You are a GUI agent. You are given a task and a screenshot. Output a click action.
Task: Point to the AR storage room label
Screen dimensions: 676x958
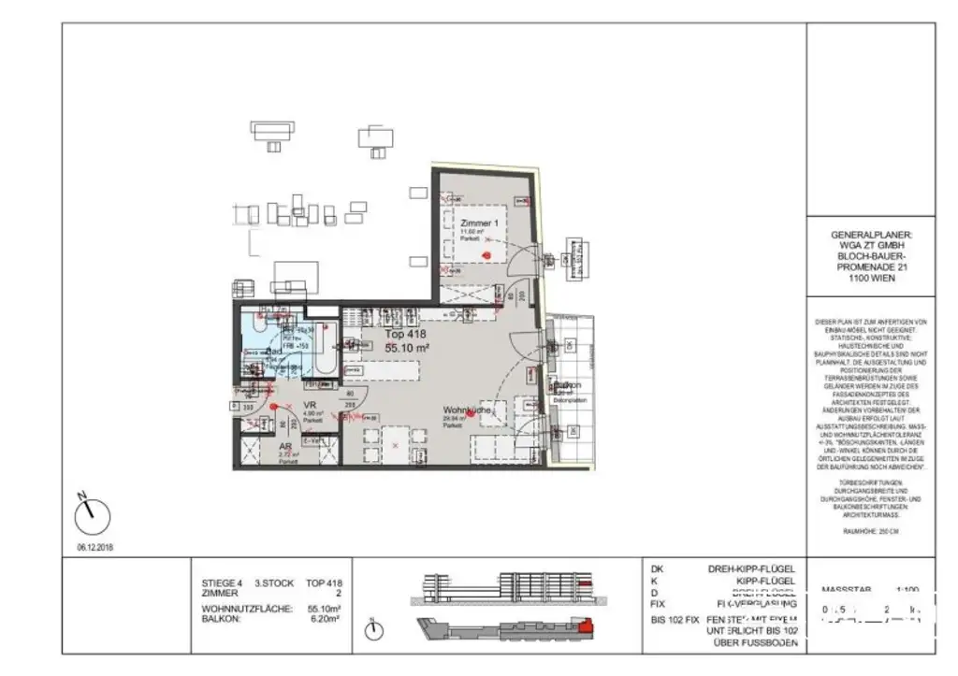tap(285, 447)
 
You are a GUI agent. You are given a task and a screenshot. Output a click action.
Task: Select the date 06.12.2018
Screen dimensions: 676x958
tap(94, 546)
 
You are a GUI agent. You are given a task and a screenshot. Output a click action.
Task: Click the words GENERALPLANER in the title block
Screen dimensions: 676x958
tap(870, 236)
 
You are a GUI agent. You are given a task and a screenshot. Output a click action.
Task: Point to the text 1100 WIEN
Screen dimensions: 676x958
tap(870, 278)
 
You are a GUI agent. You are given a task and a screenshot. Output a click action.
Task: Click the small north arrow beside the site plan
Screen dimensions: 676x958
tap(374, 631)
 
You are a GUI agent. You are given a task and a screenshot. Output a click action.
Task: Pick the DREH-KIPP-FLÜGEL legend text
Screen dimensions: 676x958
tap(753, 568)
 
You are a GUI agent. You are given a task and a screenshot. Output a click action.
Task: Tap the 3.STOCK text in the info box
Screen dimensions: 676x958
tap(273, 581)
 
